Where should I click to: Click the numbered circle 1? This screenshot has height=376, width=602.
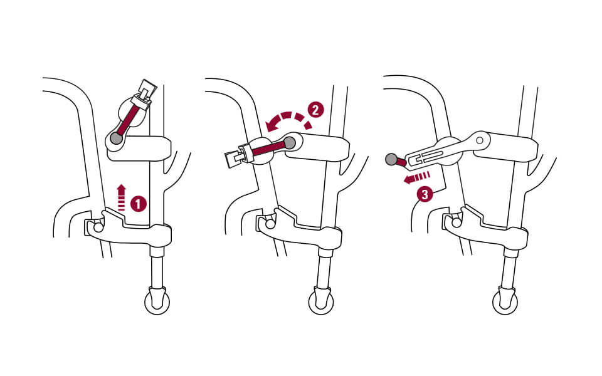pos(139,204)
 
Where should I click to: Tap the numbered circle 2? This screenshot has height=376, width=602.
pos(315,110)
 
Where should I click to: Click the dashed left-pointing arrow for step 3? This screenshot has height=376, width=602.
pos(416,178)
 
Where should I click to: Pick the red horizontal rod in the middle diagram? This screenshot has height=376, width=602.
pos(270,147)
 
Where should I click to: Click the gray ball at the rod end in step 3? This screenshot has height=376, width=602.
pos(392,160)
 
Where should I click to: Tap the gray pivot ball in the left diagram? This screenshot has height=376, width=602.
pos(116,138)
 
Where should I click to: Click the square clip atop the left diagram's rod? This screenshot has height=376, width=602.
pos(147,90)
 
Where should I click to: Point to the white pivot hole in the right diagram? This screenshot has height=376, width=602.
pos(480,140)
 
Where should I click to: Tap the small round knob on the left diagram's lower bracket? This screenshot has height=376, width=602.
pos(96,226)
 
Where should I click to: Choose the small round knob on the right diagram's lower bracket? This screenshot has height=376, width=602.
pos(455,221)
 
